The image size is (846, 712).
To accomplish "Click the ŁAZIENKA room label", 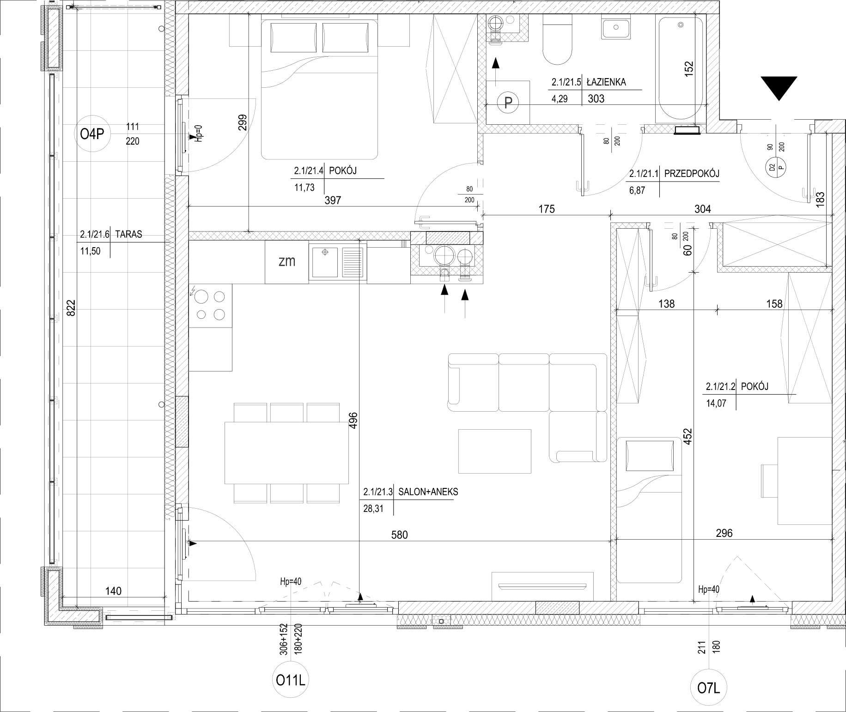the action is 606,82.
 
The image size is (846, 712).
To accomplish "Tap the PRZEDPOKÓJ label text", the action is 692,174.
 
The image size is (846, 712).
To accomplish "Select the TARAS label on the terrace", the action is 129,234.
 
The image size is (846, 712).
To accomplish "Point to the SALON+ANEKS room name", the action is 428,492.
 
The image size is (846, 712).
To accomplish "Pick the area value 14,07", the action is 716,403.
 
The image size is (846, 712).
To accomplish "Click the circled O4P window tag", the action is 93,134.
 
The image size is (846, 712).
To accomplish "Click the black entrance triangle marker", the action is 779,88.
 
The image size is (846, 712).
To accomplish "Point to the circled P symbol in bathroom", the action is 508,102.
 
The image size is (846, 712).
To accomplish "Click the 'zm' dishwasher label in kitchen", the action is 287,262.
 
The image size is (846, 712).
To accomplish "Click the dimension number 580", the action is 400,535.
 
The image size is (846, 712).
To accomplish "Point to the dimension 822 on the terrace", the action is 71,308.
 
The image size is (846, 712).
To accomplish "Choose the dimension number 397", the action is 333,200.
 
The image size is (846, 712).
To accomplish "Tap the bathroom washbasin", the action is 616,29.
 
